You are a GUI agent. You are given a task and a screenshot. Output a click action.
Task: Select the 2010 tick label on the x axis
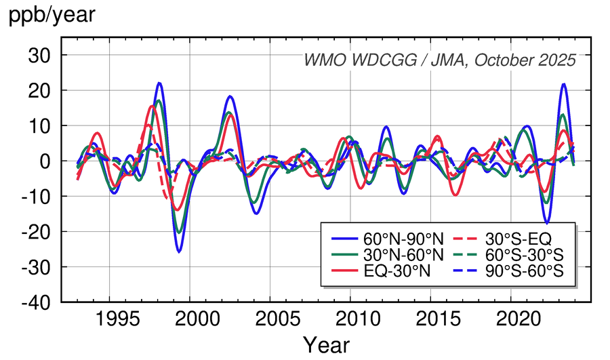tap(350, 319)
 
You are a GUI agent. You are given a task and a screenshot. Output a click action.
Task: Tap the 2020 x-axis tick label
tap(510, 319)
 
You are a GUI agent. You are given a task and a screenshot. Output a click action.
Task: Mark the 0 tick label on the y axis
tap(45, 161)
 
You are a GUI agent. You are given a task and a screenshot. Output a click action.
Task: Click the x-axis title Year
tap(326, 345)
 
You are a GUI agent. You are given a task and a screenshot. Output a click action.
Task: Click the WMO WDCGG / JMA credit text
tap(439, 60)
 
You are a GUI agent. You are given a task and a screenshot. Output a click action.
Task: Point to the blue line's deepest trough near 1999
tap(179, 252)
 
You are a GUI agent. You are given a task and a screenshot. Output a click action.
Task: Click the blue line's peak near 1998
tap(159, 83)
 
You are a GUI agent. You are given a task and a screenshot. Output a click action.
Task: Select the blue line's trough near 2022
tap(546, 222)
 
